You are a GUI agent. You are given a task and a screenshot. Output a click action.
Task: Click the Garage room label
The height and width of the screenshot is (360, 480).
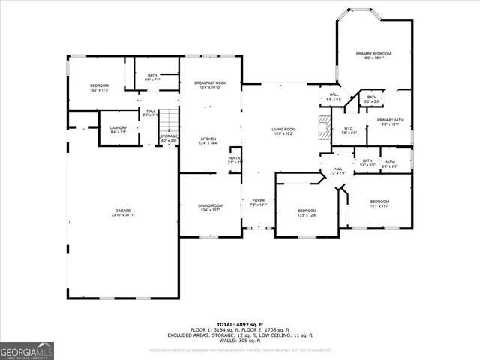tap(123, 213)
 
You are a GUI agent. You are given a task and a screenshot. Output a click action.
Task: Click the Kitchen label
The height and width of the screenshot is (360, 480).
tap(208, 141)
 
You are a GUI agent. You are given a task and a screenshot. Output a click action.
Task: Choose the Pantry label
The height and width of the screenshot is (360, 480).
tap(234, 160)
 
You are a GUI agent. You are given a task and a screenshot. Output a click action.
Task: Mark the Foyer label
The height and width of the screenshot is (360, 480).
tap(259, 202)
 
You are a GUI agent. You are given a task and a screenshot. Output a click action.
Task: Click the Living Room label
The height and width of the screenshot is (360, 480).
tap(284, 132)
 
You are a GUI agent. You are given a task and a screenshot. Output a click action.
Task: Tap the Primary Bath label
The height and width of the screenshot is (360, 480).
tap(390, 122)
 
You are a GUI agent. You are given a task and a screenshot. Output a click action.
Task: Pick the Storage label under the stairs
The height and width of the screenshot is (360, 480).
tap(168, 138)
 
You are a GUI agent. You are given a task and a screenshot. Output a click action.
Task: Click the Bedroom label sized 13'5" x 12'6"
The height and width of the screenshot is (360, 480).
tap(307, 213)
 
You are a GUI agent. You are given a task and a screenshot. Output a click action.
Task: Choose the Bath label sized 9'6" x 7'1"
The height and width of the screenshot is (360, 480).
tap(152, 77)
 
